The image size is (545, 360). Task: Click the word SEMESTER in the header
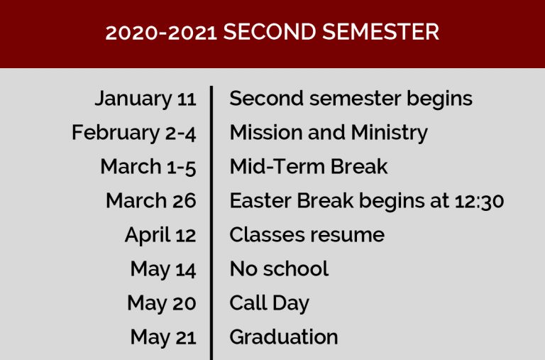pos(380,32)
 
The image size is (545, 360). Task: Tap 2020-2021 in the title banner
pos(161,33)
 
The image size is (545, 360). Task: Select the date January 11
pos(145,99)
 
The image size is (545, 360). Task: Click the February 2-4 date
pos(134,133)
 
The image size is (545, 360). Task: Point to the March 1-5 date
pos(148,167)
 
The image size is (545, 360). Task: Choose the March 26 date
pos(151,201)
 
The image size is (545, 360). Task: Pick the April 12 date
pos(160,235)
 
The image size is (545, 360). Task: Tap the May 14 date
pos(163,269)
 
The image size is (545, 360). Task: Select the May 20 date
pos(162,303)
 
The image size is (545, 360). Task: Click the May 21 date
pos(163,337)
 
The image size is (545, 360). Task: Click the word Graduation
pos(284,337)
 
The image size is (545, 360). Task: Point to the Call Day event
pos(270,303)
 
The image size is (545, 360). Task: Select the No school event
pos(279,269)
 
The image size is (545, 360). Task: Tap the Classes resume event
pos(307,235)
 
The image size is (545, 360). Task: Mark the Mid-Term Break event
pos(309,167)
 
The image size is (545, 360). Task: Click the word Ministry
pos(390,133)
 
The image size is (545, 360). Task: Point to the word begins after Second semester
pos(440,99)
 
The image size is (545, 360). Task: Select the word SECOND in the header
pos(270,32)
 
